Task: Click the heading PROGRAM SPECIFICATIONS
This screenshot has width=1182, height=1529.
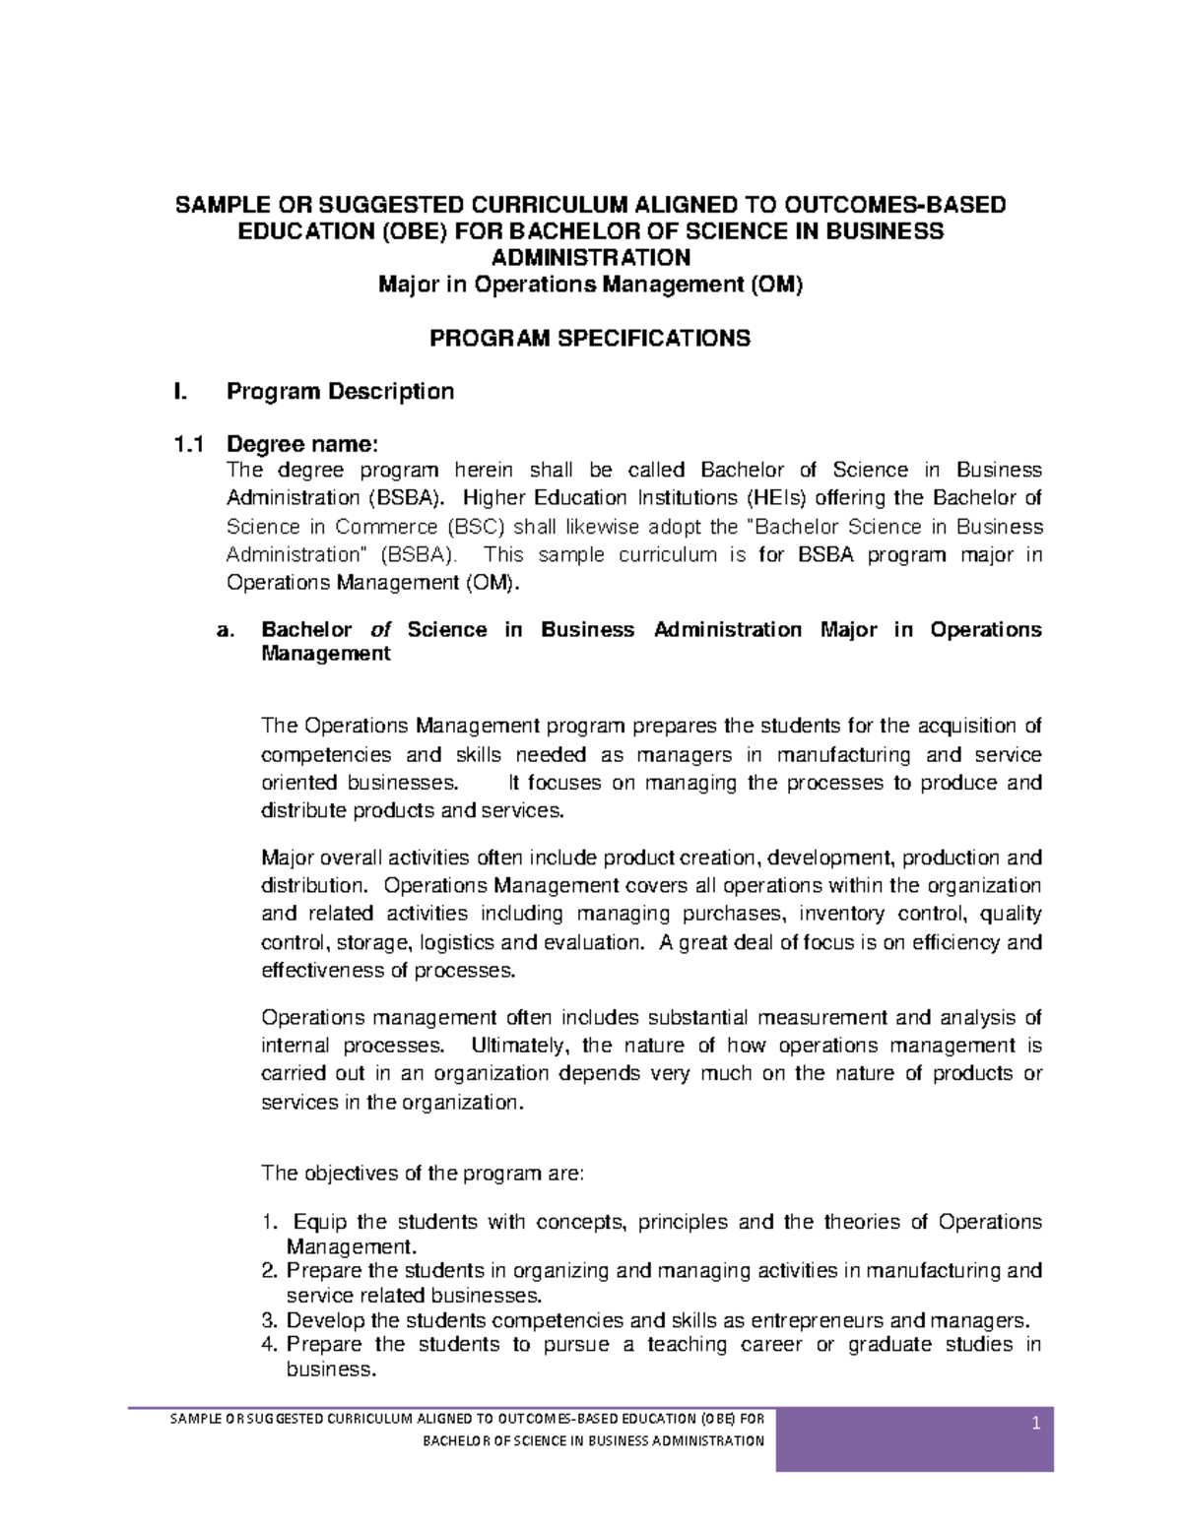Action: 590,339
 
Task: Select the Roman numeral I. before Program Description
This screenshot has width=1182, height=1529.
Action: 178,392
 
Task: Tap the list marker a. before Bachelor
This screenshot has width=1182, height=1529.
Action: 225,630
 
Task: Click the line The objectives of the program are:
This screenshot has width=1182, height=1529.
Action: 423,1174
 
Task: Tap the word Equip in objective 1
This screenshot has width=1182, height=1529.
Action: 320,1223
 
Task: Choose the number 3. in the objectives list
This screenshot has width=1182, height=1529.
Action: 270,1321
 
